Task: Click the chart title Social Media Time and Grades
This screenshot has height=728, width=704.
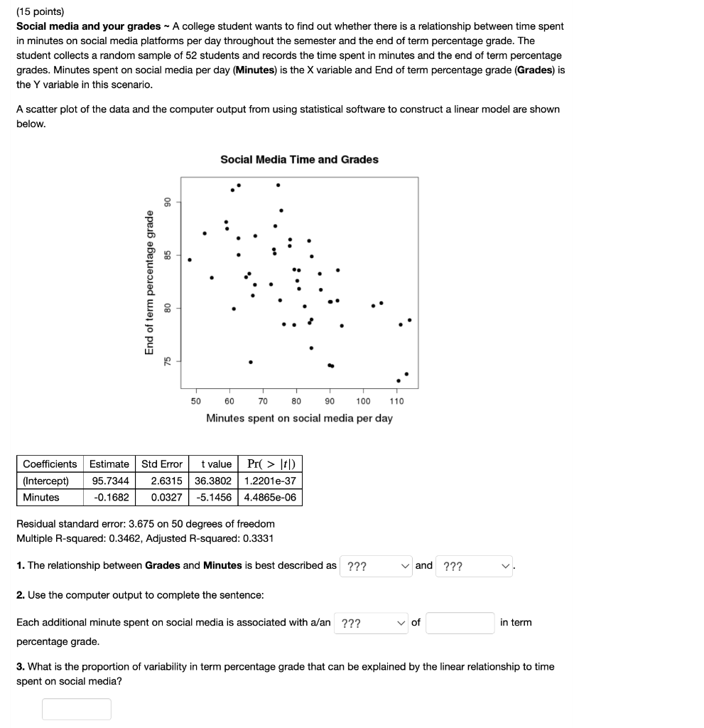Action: tap(299, 159)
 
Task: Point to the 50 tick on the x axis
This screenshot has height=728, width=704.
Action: tap(196, 401)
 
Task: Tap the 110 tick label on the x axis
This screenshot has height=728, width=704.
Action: tap(396, 401)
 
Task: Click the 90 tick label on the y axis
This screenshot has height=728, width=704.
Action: tap(168, 202)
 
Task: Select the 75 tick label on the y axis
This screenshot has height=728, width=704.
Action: tap(168, 361)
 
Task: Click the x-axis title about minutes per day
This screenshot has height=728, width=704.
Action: tap(299, 418)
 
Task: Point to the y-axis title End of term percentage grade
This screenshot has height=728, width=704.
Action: tap(149, 282)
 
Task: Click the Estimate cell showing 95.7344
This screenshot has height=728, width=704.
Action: tap(109, 481)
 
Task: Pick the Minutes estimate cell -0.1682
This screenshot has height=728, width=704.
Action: tap(109, 497)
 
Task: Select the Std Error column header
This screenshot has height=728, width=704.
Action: tap(162, 464)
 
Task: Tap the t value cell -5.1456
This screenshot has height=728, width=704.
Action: tap(213, 497)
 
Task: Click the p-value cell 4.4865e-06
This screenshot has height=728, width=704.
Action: tap(270, 497)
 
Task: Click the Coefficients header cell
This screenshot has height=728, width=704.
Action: tap(50, 464)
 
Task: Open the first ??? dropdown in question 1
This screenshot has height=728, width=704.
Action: tap(376, 567)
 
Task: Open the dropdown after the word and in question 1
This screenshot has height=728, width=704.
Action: tap(475, 567)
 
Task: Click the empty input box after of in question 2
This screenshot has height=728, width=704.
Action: tap(460, 623)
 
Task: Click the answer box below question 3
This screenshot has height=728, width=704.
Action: tap(76, 709)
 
